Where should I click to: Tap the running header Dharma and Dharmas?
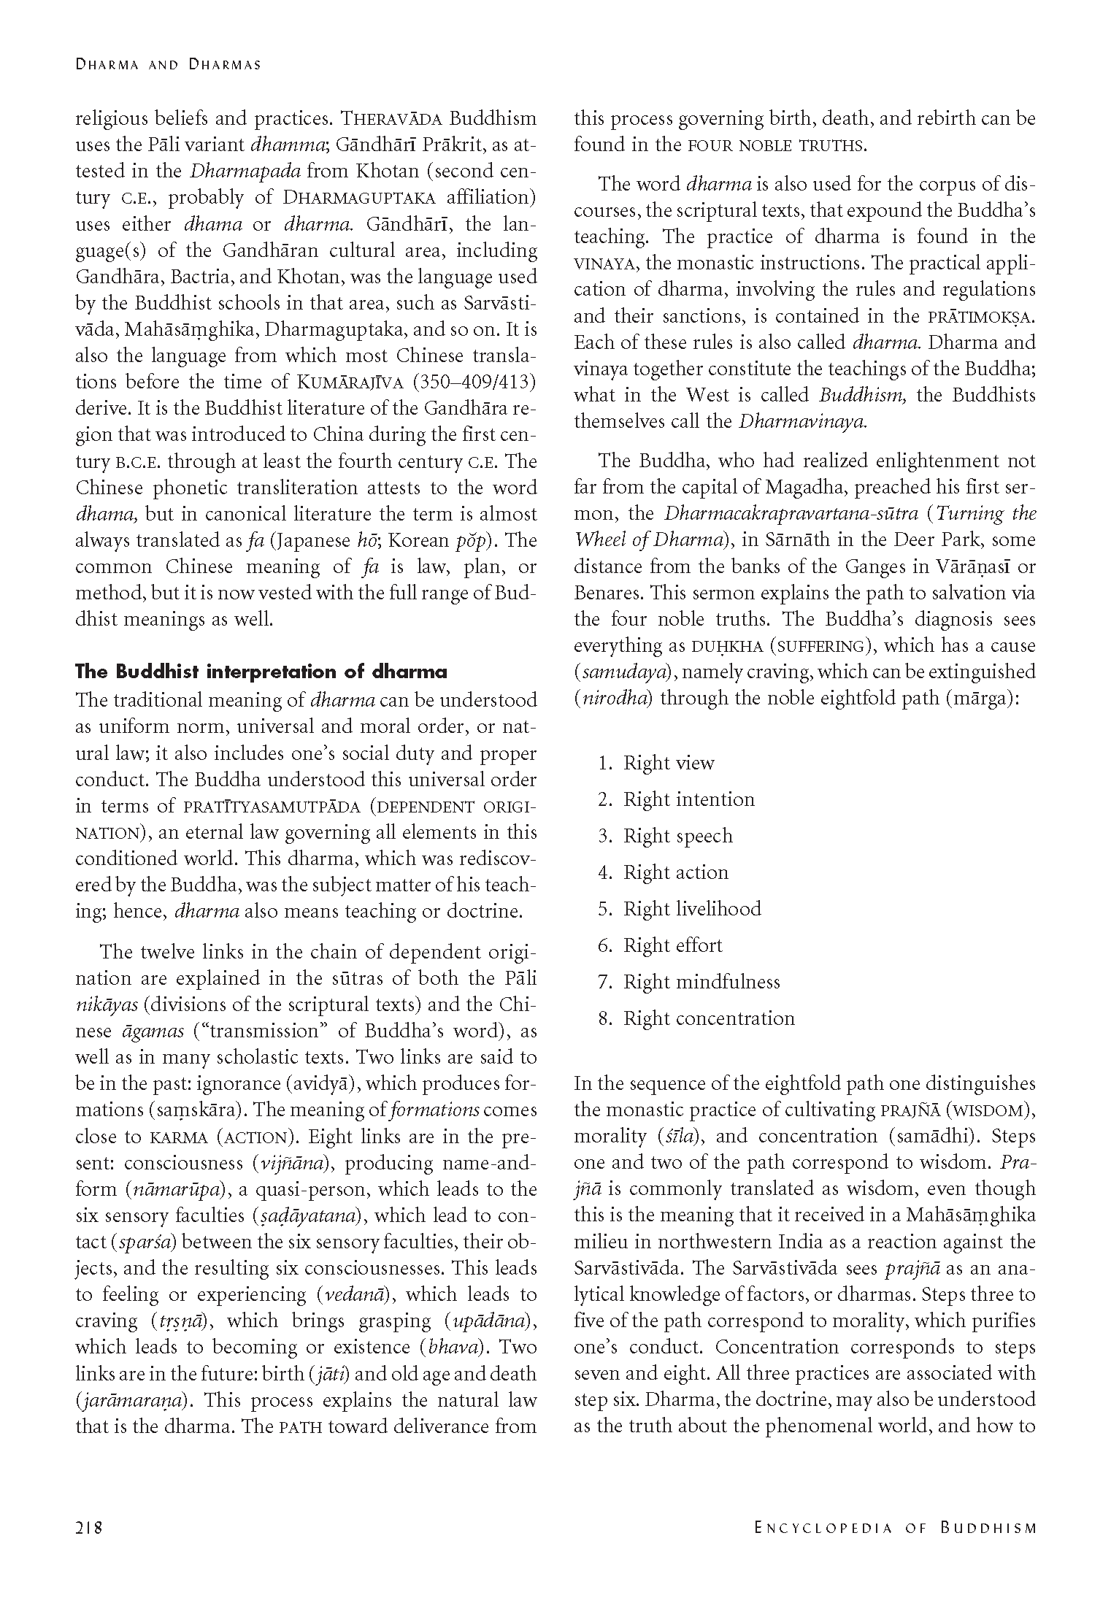168,64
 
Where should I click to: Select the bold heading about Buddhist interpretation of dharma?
261,672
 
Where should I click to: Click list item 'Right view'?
668,764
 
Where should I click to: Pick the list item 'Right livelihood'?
691,909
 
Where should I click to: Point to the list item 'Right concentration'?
708,1018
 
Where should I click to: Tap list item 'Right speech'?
677,836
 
